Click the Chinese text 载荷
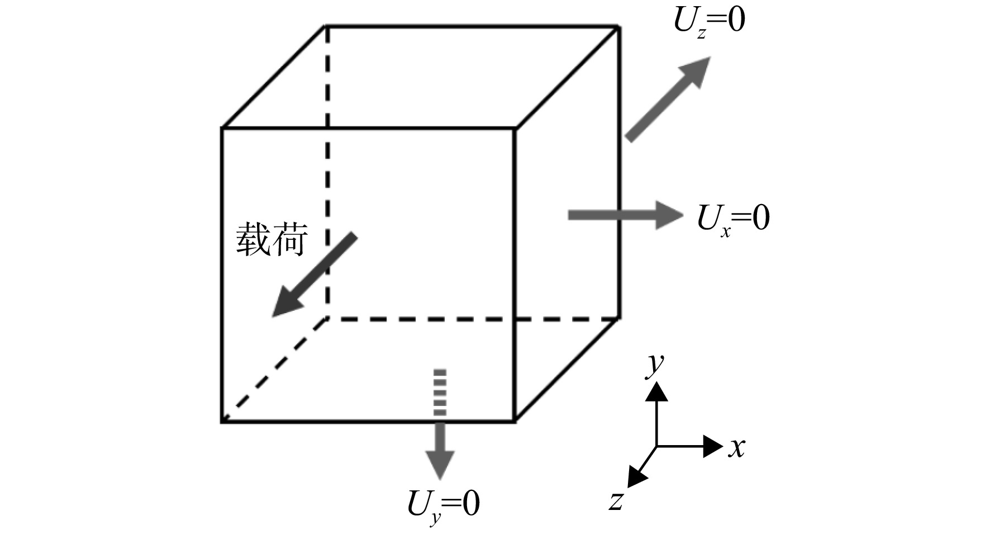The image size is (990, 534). click(272, 239)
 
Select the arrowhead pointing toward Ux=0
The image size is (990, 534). click(669, 215)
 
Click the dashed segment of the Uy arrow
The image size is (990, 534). click(440, 392)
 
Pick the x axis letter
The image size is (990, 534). click(737, 447)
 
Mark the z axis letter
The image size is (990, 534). click(616, 501)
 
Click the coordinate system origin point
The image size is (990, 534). click(656, 446)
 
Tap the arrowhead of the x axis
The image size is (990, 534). click(713, 446)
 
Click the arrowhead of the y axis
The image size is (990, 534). click(656, 392)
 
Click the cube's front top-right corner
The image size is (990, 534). click(514, 129)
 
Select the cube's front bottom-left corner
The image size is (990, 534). click(223, 421)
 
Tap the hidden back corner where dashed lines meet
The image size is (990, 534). click(327, 319)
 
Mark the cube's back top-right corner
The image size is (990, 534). click(619, 26)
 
